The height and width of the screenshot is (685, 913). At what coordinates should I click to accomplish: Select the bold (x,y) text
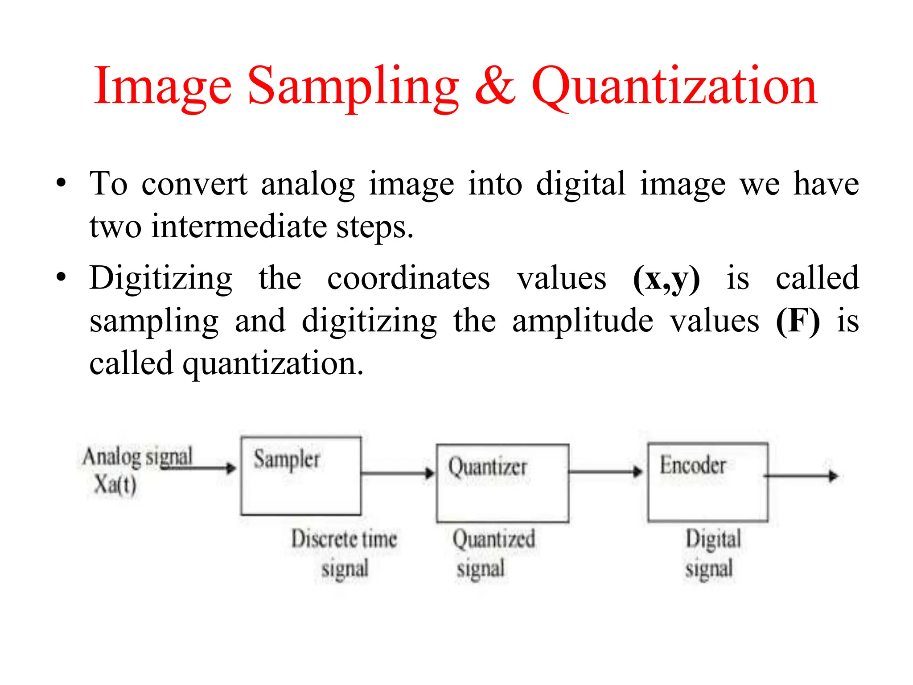tap(666, 279)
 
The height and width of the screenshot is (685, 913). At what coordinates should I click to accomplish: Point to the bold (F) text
tap(798, 321)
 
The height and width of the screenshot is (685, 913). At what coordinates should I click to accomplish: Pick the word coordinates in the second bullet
tap(408, 278)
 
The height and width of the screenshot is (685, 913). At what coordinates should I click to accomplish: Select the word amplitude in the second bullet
tap(583, 321)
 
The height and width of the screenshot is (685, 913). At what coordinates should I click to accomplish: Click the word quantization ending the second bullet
tap(273, 364)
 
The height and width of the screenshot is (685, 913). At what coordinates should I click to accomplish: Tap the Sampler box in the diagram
tap(301, 476)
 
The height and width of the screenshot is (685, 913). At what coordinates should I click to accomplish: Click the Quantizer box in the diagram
tap(502, 483)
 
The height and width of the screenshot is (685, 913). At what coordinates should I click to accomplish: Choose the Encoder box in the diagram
tap(708, 482)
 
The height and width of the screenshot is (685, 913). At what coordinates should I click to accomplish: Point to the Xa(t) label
tap(115, 484)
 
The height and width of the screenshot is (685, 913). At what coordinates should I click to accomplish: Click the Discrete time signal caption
tap(344, 553)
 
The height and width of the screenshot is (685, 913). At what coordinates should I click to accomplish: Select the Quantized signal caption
tap(494, 553)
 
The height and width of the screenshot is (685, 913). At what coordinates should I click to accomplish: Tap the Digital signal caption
tap(712, 553)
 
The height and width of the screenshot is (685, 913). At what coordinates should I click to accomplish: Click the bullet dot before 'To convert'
tap(61, 183)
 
